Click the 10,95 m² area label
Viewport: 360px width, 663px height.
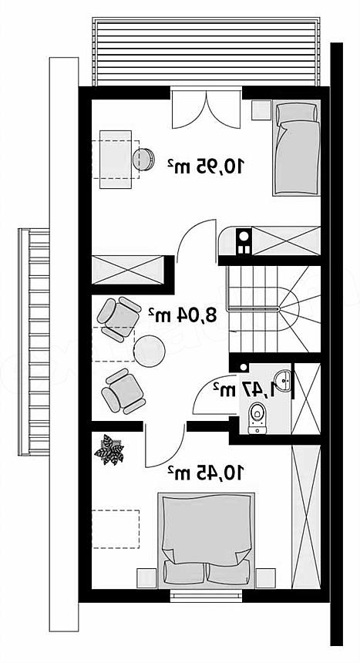click(206, 167)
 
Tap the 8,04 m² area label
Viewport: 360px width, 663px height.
click(183, 315)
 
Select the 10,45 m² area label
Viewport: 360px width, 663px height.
click(206, 473)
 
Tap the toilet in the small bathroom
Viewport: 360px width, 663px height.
click(257, 419)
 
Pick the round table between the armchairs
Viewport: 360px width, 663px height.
click(150, 351)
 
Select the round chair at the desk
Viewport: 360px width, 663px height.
click(143, 160)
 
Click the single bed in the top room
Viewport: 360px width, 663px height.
click(296, 148)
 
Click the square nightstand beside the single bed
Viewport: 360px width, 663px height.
click(261, 110)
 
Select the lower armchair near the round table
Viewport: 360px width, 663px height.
click(123, 391)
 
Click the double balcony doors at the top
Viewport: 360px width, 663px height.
click(207, 108)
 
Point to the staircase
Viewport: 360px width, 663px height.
click(274, 309)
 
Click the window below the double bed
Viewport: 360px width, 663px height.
click(206, 596)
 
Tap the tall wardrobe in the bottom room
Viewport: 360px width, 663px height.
click(306, 517)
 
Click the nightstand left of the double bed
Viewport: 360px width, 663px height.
click(146, 578)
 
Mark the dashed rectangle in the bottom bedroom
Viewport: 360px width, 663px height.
click(116, 529)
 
